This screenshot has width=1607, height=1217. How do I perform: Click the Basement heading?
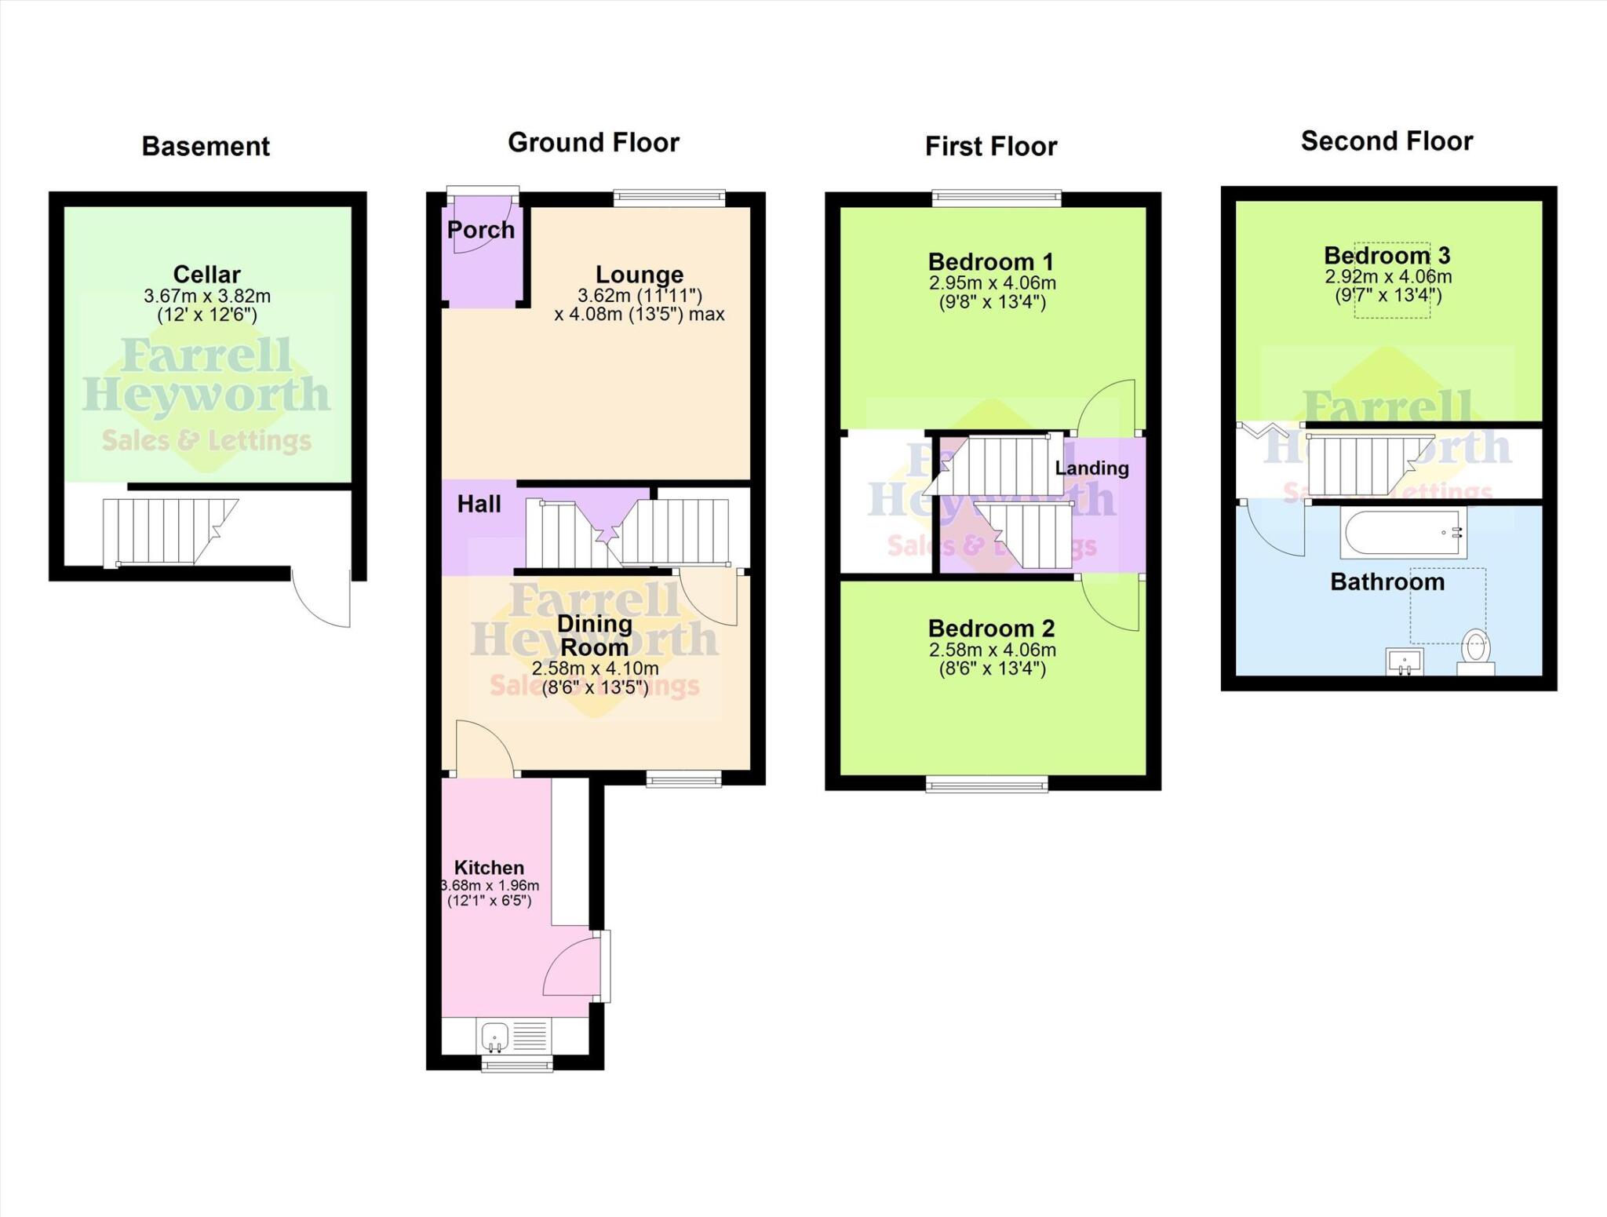coord(206,146)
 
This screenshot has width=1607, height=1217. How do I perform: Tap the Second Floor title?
coord(1387,141)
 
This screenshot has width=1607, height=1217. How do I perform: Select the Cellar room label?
coord(206,274)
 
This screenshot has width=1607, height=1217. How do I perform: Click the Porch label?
coord(481,230)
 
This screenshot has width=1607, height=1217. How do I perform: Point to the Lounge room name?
coord(640,274)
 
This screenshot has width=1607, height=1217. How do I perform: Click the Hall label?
coord(479,504)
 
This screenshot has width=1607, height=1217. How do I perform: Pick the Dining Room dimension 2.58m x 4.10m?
coord(595,669)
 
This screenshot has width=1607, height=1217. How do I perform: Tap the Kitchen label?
coord(489,867)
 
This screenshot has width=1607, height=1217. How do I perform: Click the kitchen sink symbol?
coord(495,1036)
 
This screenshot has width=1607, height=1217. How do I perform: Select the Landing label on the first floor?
coord(1091,468)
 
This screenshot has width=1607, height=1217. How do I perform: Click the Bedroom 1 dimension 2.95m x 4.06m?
coord(992,283)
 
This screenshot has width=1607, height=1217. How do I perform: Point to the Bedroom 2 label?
coord(991,628)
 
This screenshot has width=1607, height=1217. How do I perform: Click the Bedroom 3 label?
coord(1387,255)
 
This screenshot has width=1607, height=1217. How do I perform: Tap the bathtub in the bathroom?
coord(1403,533)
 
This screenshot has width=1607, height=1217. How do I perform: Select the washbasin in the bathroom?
coord(1405,661)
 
